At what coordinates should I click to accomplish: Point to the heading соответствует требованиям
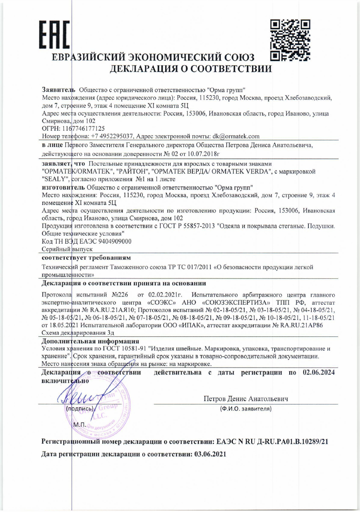point(86,257)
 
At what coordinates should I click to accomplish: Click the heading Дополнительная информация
point(90,341)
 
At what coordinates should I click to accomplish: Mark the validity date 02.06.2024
point(318,373)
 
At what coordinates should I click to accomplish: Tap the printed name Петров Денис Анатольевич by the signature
point(246,399)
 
